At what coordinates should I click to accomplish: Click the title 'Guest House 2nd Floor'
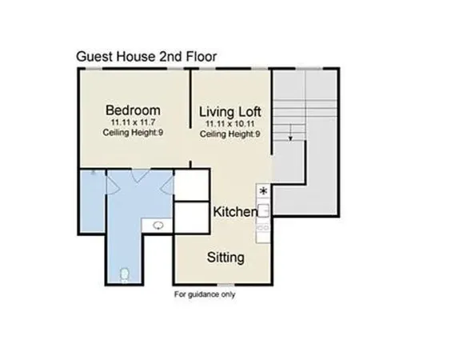[x=146, y=56]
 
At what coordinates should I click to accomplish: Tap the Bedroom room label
[x=134, y=110]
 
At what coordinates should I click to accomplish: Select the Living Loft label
[x=230, y=110]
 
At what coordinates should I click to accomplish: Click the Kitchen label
[x=235, y=212]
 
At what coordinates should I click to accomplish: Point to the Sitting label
[x=226, y=258]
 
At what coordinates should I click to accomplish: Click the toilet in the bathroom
[x=122, y=275]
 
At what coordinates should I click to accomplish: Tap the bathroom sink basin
[x=159, y=226]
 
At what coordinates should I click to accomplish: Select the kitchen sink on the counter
[x=263, y=211]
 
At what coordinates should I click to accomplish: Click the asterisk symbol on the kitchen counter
[x=263, y=190]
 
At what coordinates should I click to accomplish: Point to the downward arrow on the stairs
[x=291, y=138]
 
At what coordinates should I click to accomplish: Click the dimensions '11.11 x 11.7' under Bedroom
[x=133, y=122]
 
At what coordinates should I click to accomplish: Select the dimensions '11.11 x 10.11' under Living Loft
[x=230, y=123]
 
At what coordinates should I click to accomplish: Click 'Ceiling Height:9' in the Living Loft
[x=230, y=134]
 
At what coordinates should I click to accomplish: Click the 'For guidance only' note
[x=205, y=294]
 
